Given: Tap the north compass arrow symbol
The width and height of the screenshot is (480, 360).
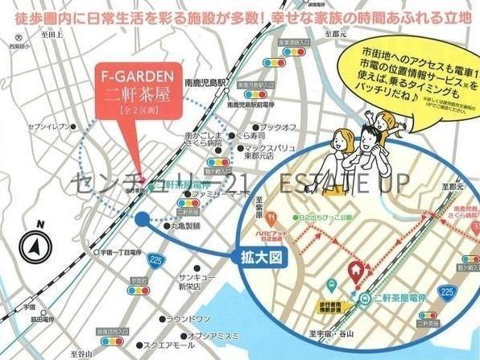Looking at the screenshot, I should click(38, 244).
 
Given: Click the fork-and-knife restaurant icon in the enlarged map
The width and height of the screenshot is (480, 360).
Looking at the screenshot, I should click(274, 217).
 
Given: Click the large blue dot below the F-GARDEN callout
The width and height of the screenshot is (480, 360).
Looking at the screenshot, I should click(142, 217).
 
